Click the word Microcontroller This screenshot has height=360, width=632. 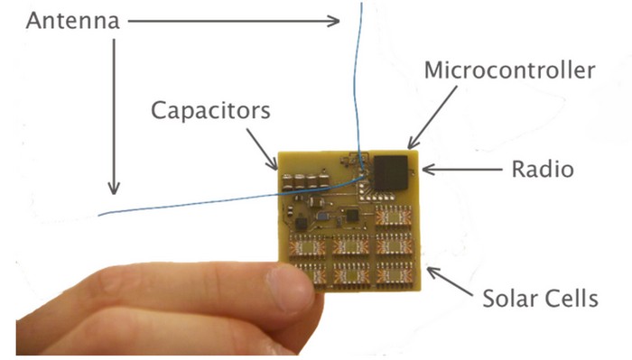509,70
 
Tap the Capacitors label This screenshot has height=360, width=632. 211,111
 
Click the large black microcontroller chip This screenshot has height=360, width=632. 392,171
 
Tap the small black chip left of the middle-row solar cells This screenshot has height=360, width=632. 301,220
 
